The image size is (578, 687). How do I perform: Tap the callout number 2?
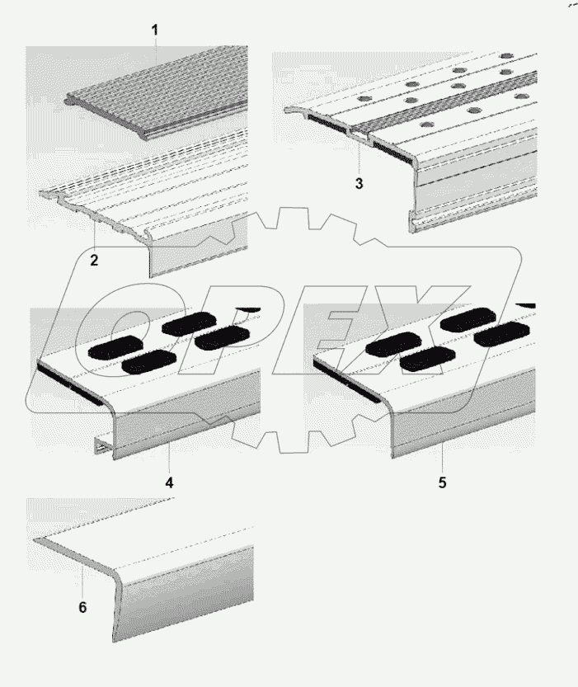click(94, 261)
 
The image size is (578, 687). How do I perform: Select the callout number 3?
click(359, 184)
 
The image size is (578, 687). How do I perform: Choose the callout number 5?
click(442, 482)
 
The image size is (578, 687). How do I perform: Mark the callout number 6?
click(82, 607)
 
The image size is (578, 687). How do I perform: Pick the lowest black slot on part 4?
click(146, 361)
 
